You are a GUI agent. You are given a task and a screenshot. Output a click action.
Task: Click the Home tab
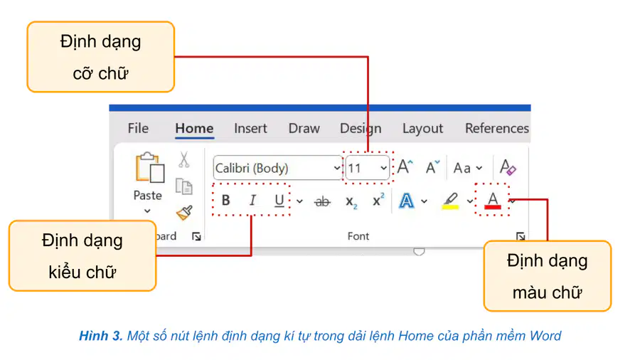194,129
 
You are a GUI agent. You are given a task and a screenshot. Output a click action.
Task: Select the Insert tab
250,129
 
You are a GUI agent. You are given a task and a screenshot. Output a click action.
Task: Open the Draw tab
304,129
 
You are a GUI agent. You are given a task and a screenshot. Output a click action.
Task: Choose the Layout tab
422,129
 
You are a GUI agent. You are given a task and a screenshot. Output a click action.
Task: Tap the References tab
497,129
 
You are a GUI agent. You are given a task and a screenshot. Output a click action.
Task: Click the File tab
138,129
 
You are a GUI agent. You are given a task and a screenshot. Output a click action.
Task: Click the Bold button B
225,201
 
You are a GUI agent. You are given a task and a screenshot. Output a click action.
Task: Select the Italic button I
252,201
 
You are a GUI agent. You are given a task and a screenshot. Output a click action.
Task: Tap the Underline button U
279,201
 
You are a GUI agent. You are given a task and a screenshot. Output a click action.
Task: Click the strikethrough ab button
322,201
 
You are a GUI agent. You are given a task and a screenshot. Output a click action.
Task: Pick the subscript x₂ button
351,201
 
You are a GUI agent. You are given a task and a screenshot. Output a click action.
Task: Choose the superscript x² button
378,200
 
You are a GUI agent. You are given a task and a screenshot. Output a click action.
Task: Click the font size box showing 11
368,168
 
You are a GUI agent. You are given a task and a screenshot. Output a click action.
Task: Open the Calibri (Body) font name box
277,168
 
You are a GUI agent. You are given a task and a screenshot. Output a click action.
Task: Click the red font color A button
493,201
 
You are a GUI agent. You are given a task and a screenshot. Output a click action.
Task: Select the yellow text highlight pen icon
451,201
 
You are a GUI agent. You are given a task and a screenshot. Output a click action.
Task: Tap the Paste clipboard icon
150,167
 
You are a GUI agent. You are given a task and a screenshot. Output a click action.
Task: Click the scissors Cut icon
183,159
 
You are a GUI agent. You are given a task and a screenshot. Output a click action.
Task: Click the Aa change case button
467,168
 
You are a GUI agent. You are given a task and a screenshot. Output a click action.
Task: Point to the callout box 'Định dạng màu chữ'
547,276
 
